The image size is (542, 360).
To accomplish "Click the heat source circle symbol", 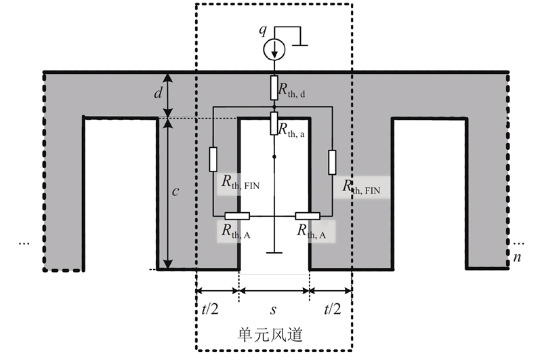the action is tap(274, 49).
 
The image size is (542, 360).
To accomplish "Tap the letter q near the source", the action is tap(263, 31).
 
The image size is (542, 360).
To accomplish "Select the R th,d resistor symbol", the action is tap(274, 88).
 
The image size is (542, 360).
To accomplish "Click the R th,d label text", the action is tap(291, 90).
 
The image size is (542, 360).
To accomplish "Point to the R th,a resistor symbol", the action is tap(274, 123).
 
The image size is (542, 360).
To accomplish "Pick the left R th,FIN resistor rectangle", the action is tap(213, 159).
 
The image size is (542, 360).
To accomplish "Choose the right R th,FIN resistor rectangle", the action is tap(332, 162).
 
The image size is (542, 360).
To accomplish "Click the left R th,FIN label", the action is tap(241, 182).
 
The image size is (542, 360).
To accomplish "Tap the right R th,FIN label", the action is tap(361, 186).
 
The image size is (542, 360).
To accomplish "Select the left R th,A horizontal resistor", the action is tap(237, 216).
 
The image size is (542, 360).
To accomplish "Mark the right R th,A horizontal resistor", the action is tap(308, 216).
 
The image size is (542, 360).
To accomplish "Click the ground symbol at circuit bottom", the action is tap(274, 252).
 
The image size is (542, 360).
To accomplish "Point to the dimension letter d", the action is tap(158, 92).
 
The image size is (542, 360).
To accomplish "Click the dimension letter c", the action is tap(175, 191).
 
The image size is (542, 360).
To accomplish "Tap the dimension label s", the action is tap(273, 310).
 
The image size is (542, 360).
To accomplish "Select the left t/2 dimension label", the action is tap(210, 308).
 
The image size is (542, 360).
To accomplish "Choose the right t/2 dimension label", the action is tap(333, 308).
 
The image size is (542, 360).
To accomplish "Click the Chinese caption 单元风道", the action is tap(270, 334).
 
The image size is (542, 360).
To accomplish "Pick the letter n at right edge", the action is tap(517, 258).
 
